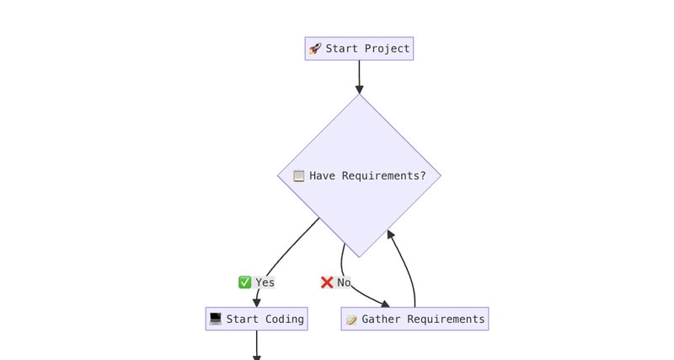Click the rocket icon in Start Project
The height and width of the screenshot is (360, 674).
point(315,49)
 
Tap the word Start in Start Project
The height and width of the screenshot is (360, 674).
point(342,49)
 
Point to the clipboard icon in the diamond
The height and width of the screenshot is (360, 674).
point(298,176)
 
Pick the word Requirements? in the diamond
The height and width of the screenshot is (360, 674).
point(384,176)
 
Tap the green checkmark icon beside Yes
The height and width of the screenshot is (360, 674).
point(244,282)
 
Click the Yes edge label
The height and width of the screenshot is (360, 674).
point(265,282)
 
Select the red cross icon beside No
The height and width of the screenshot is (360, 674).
point(327,282)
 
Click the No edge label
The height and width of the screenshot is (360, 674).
point(344,282)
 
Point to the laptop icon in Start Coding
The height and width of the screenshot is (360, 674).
point(216,319)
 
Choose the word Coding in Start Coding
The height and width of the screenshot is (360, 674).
point(285,319)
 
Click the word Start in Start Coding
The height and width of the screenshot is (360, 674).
point(243,319)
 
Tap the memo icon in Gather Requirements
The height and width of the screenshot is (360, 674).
point(351,320)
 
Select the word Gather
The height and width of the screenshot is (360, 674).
point(382,319)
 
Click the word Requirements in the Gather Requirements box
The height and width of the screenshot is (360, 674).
point(446,319)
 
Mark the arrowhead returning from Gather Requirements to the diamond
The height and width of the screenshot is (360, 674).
point(390,234)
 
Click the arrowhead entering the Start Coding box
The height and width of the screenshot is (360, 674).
point(257,303)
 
